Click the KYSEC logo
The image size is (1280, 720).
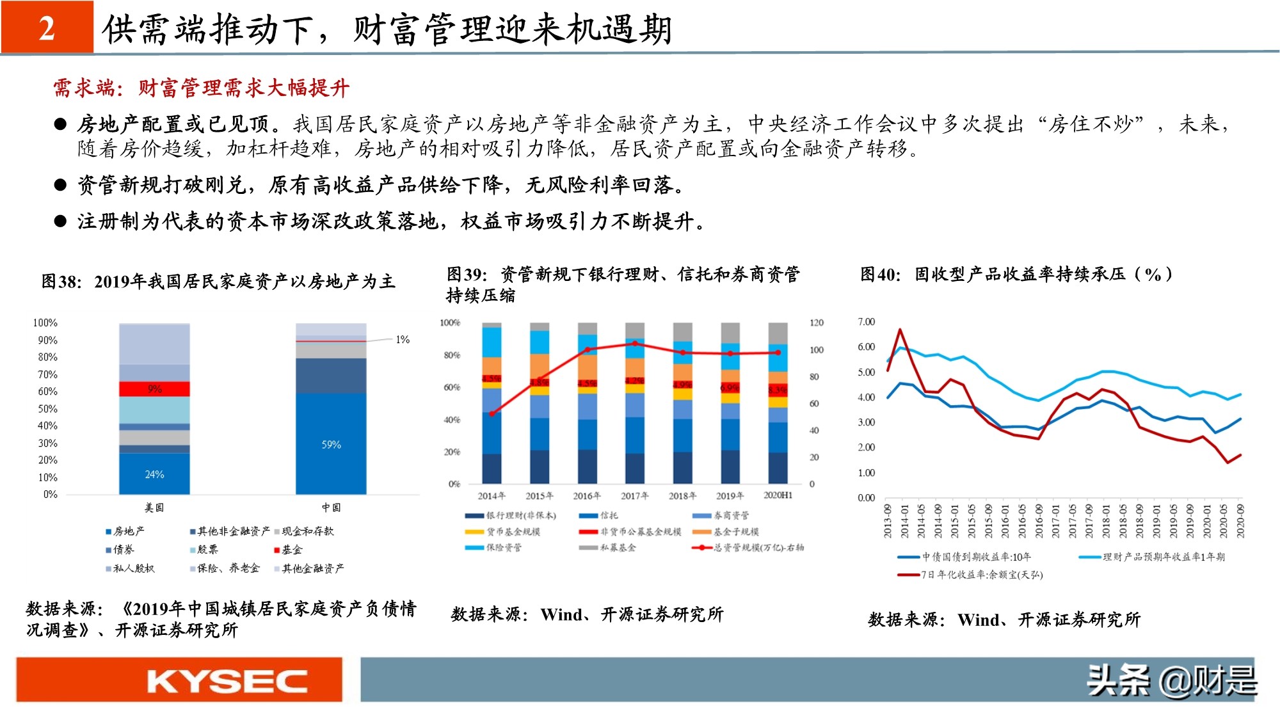227,681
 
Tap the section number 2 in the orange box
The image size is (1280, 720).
47,29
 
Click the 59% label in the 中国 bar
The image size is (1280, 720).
331,445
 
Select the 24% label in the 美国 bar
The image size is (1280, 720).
154,475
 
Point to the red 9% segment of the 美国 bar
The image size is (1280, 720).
154,389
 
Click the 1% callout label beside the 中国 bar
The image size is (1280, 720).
403,340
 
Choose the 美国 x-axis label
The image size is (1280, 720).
154,508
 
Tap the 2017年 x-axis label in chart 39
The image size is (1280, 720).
634,496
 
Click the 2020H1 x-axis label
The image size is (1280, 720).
778,496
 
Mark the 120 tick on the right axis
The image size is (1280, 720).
816,323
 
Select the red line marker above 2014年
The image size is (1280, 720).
492,414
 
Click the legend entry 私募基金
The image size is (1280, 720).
618,548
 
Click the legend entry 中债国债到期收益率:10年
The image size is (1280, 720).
975,557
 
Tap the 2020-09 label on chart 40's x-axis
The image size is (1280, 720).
1241,521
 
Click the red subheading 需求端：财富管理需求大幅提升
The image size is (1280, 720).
201,88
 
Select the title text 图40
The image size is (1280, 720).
880,275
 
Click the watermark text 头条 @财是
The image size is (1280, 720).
1171,681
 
